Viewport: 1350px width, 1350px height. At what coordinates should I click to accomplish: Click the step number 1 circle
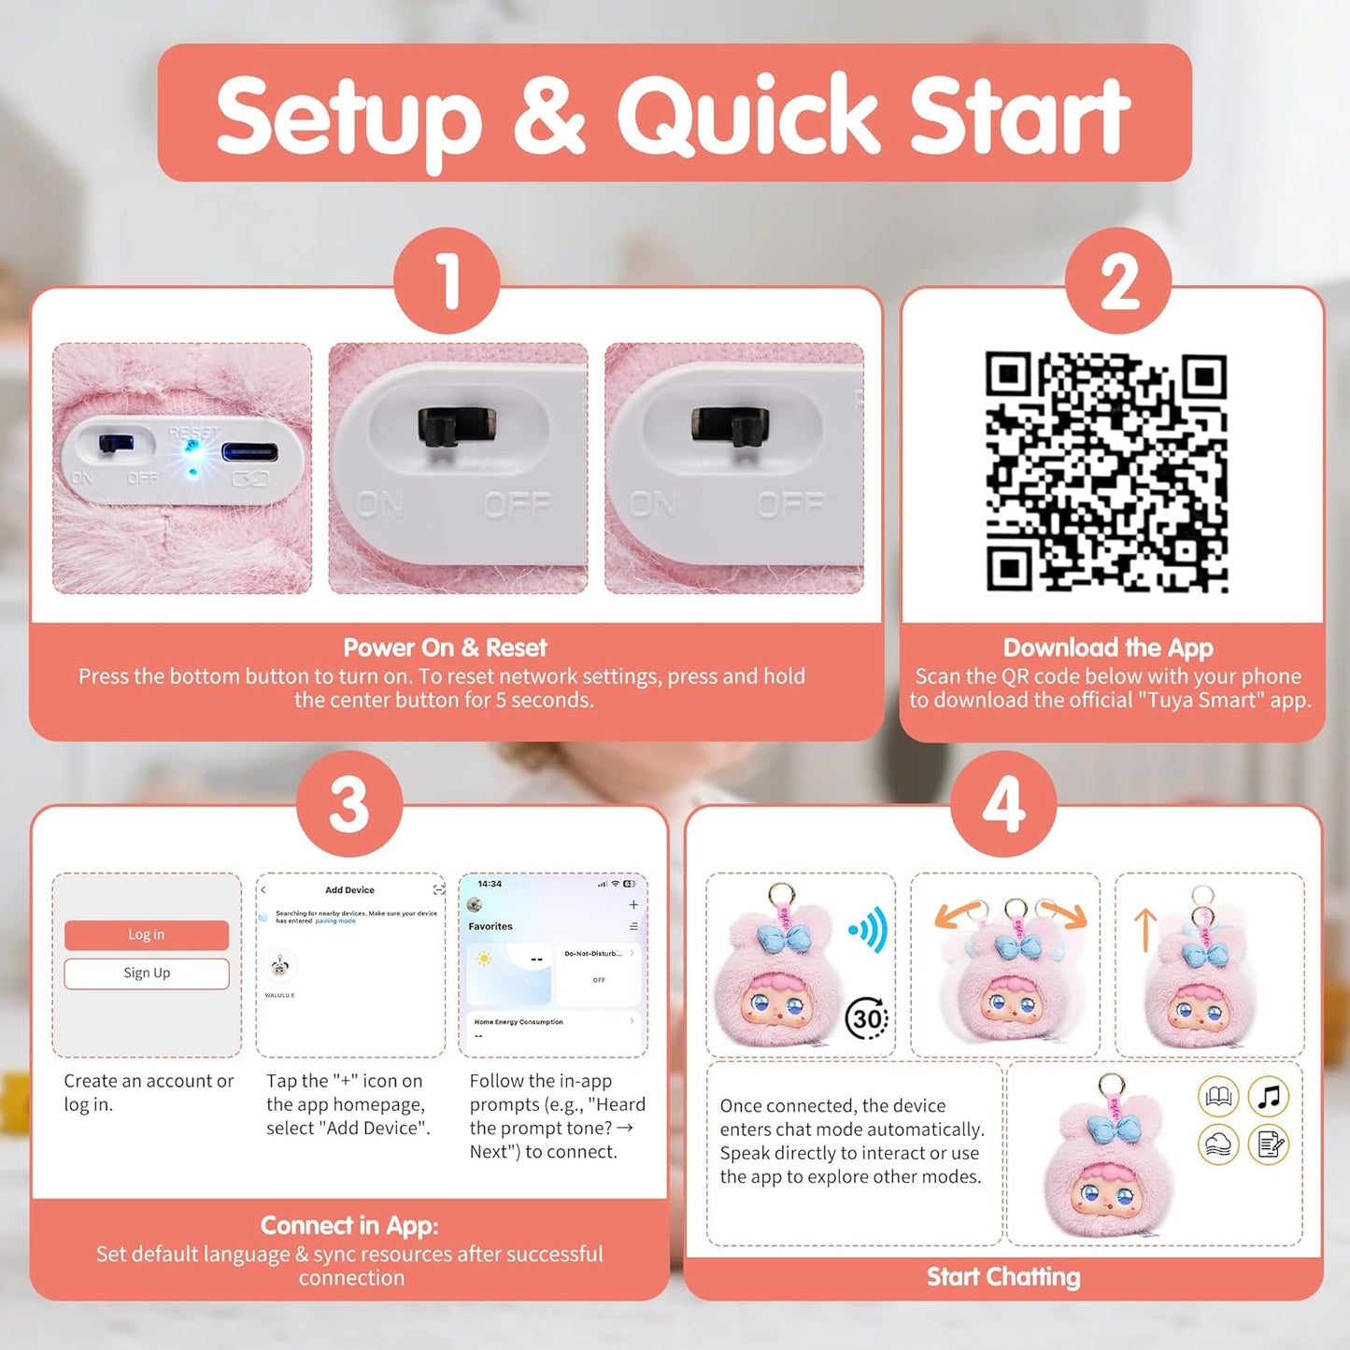pos(447,281)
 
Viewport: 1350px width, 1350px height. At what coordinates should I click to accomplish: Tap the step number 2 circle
pos(1117,281)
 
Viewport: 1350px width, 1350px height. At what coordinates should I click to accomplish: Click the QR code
pos(1106,472)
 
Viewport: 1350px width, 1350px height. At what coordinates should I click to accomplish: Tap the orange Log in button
pos(147,935)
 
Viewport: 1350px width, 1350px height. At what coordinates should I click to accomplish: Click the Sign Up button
pos(147,973)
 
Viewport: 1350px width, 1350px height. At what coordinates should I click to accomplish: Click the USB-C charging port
pos(249,453)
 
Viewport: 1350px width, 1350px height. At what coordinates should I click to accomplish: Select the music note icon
pos(1269,1096)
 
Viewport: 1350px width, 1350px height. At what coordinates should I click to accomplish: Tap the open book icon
pos(1218,1096)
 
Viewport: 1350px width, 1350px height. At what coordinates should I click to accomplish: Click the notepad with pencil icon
pos(1269,1144)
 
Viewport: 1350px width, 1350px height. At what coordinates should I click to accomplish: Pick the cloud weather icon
pos(1218,1144)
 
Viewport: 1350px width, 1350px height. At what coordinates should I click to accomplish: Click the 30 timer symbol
pos(866,1018)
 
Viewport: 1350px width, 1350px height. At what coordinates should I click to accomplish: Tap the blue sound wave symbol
pos(869,931)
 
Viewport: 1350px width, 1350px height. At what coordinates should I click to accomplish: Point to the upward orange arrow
pos(1144,931)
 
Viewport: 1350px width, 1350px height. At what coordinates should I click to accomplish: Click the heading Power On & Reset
pos(445,647)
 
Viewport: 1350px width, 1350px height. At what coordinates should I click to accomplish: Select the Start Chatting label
pos(1003,1277)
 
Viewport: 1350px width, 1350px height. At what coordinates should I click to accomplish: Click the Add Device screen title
pos(349,890)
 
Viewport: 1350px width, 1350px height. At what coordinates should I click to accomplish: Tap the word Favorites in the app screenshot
pos(490,927)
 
